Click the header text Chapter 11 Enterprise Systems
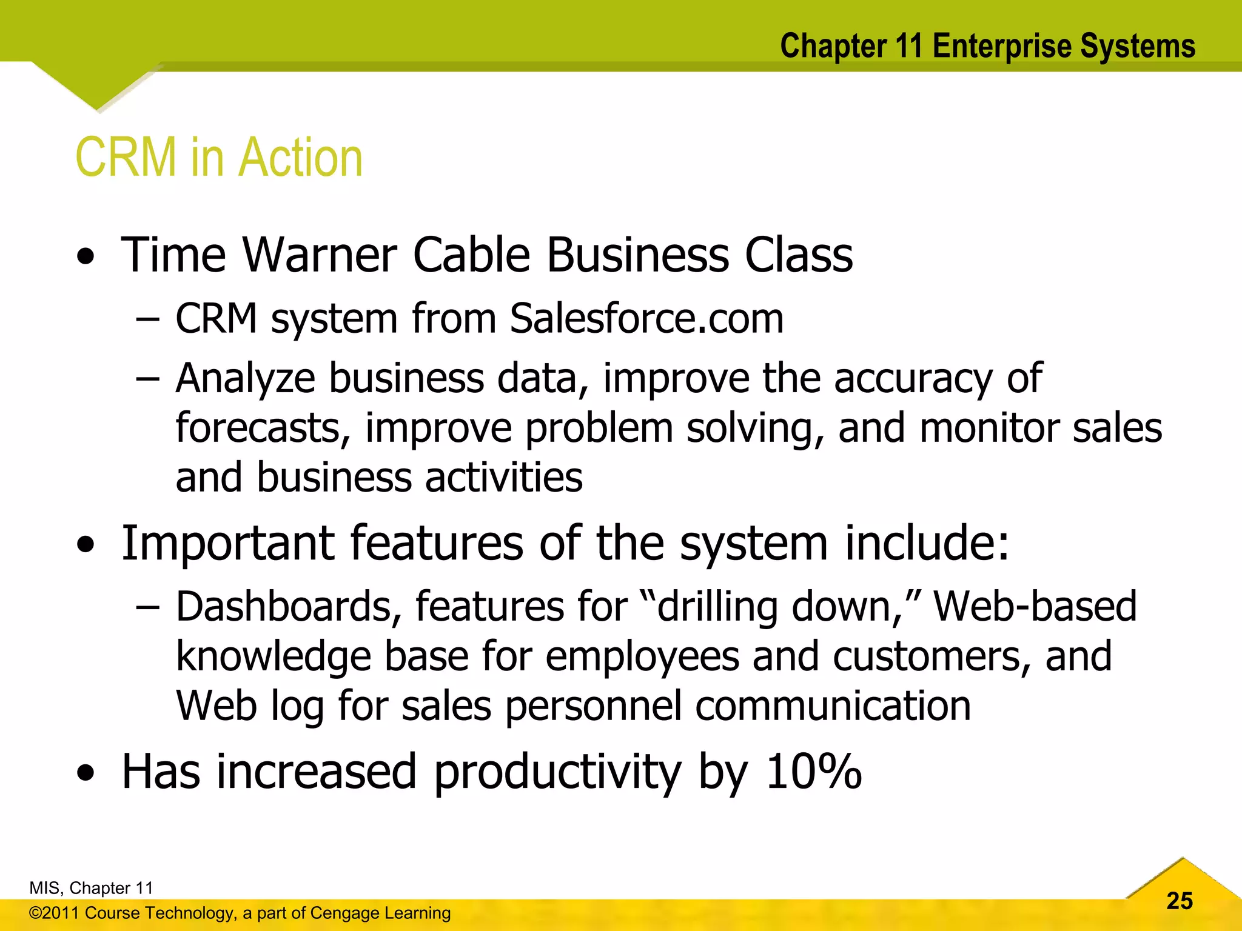coord(987,46)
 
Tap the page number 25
coord(1179,901)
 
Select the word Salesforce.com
coord(646,318)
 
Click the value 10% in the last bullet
coord(813,772)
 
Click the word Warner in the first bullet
coord(320,255)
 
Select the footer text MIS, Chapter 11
coord(91,888)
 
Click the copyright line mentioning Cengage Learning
coord(240,913)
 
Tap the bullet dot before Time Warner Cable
coord(86,257)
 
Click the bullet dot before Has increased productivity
coord(86,773)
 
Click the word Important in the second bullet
coord(227,542)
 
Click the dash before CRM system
coord(147,319)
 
